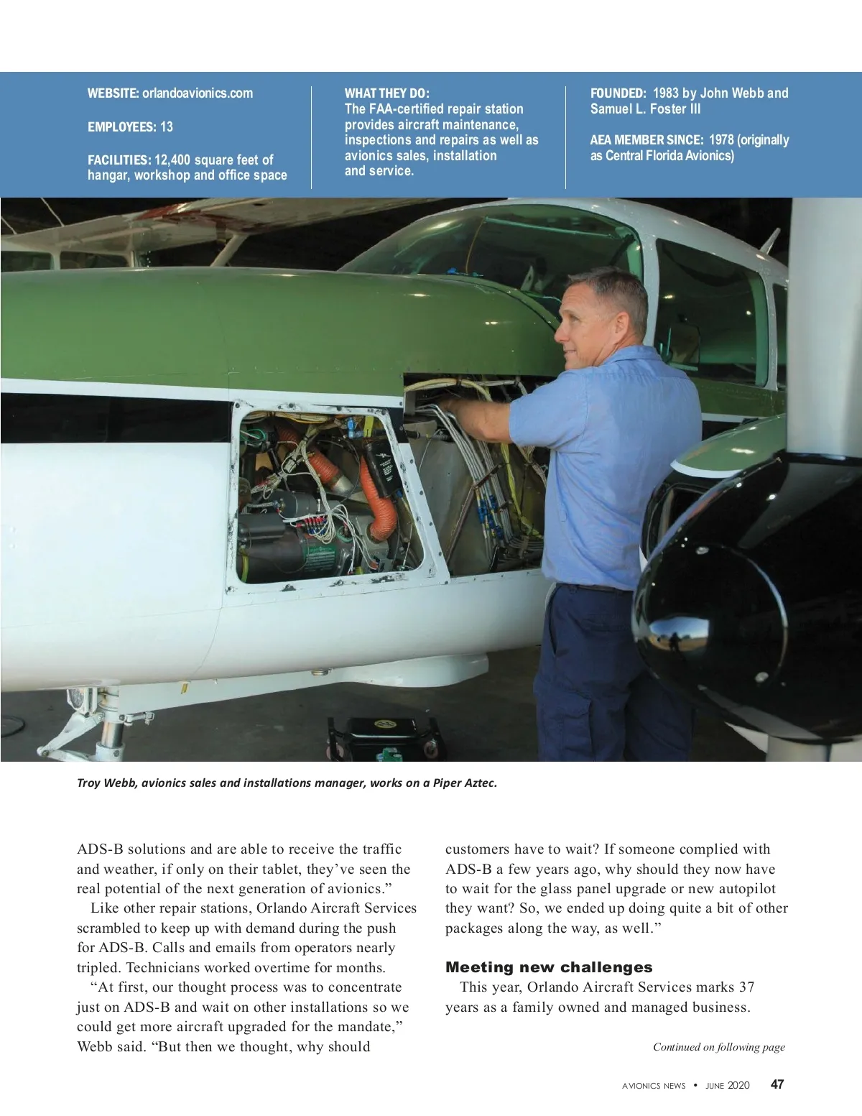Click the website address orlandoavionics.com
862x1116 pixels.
(198, 93)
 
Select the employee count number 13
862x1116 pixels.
(166, 127)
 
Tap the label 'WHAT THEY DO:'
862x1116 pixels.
(386, 93)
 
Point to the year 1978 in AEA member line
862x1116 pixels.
(720, 140)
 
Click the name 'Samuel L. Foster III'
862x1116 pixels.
(645, 109)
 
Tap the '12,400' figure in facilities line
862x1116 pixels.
(172, 160)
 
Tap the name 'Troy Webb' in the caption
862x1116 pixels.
(106, 783)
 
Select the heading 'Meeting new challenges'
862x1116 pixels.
(549, 967)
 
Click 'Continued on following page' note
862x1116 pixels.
(718, 1047)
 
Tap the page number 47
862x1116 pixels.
(777, 1085)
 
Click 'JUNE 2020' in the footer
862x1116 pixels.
(727, 1086)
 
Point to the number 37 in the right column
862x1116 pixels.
(746, 987)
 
